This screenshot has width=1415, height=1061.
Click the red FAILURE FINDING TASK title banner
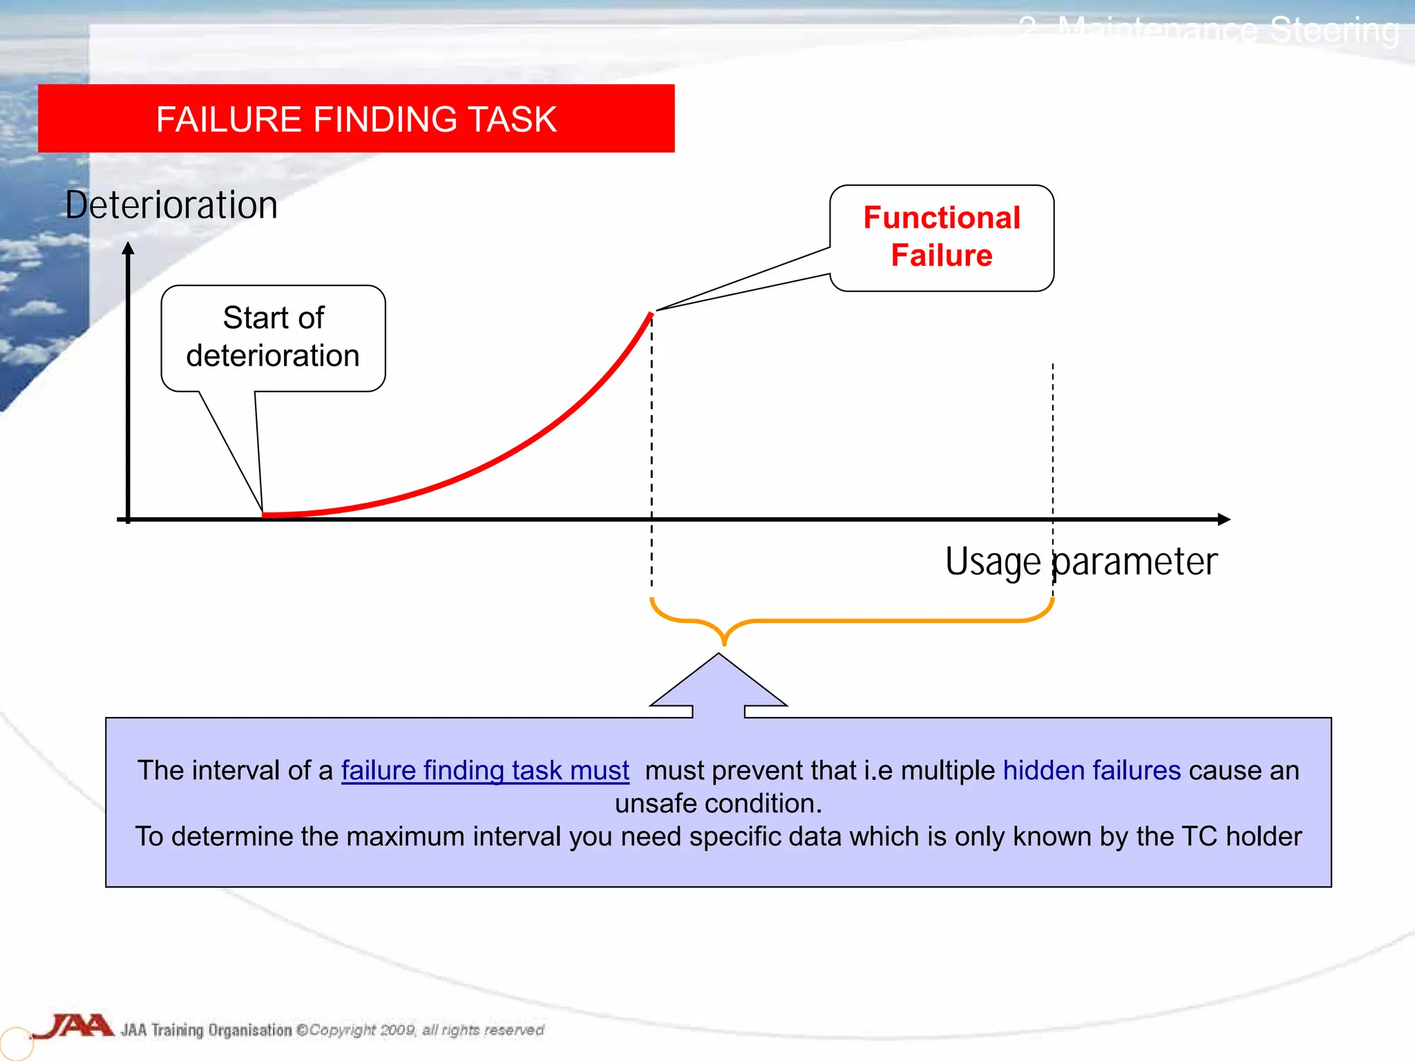356,119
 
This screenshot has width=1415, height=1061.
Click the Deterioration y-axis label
171,205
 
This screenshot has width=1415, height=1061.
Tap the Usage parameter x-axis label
1081,561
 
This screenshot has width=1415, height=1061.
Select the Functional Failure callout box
942,237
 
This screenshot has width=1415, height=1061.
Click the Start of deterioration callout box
273,338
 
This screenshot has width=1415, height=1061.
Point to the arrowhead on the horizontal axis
1224,519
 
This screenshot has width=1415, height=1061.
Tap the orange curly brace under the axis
851,620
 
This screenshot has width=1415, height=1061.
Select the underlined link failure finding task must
485,770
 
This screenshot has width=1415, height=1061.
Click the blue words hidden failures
1092,770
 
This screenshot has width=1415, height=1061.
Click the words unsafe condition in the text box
719,803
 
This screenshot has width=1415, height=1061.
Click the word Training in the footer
177,1030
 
